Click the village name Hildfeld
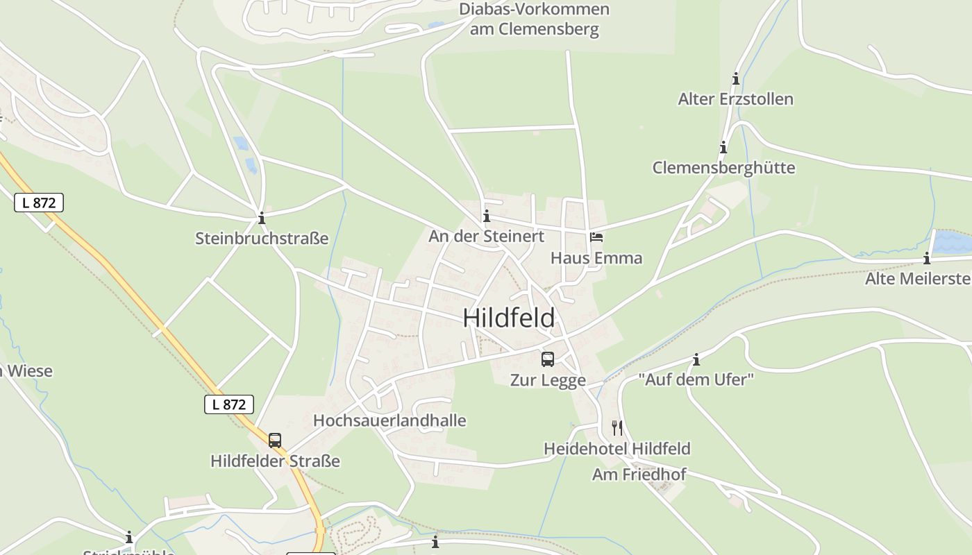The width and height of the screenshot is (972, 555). [509, 318]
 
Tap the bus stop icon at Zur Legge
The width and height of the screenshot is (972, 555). [548, 359]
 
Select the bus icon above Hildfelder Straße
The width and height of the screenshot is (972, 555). [275, 441]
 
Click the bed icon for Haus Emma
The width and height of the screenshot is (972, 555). [596, 237]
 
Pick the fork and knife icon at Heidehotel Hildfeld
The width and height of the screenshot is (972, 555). [617, 427]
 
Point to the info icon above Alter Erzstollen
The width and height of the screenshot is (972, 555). [736, 79]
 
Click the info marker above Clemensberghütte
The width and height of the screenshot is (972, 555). [723, 148]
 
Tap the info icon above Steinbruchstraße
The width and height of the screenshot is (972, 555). [262, 219]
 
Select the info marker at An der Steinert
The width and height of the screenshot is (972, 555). [487, 216]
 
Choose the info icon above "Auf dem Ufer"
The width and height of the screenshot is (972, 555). [696, 359]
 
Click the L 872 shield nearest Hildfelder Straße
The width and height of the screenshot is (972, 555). [229, 404]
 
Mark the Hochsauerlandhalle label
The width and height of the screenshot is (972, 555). [389, 420]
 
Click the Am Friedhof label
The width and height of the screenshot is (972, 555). [639, 475]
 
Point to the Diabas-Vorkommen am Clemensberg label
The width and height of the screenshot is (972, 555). [534, 19]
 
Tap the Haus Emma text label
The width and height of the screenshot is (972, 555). [596, 258]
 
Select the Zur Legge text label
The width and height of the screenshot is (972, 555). [548, 380]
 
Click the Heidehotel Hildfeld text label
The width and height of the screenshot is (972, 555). [617, 449]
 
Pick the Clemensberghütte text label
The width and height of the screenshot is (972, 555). [723, 168]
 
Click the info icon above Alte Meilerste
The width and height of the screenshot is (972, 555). [927, 259]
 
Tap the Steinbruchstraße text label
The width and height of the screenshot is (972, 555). [262, 239]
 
